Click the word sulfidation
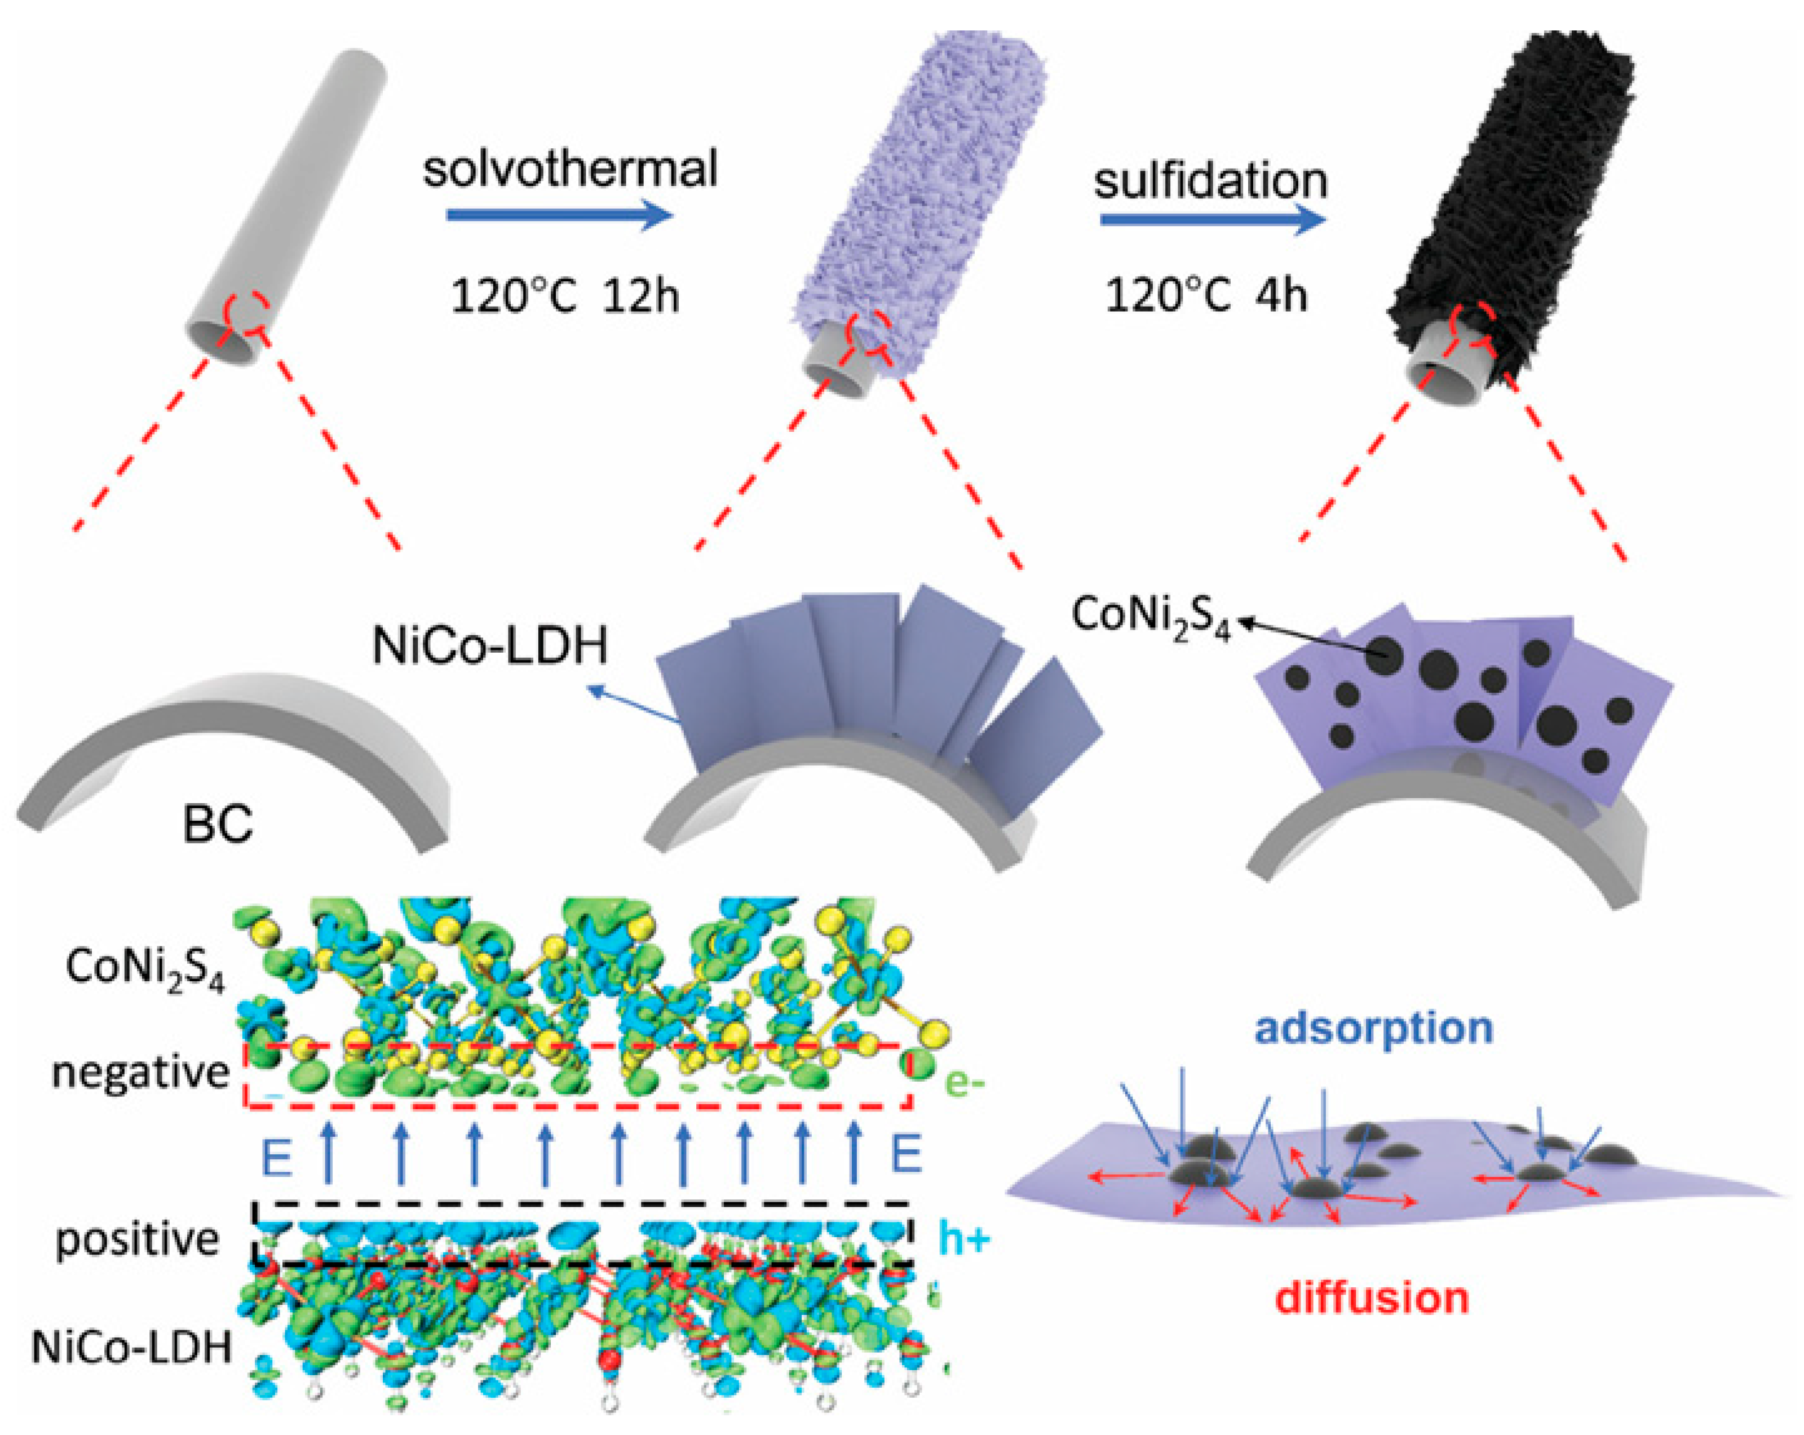coord(1211,181)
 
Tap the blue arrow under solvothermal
coord(559,216)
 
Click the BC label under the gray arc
coord(218,823)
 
